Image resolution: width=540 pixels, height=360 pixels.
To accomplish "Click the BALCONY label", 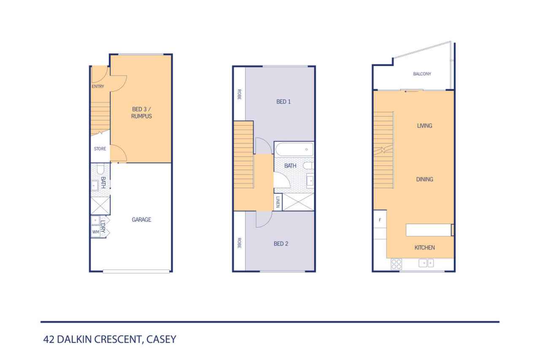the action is click(422, 74).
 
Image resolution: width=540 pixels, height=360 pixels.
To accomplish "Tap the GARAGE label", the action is click(141, 219).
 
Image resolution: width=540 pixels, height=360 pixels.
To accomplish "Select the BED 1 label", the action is click(283, 102).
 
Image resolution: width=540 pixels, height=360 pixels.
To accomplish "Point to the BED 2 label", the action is click(281, 244).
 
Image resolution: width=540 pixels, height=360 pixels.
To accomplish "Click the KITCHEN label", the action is click(424, 248).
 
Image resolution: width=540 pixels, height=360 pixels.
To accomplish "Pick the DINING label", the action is click(424, 179).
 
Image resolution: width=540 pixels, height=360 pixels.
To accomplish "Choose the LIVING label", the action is click(424, 126).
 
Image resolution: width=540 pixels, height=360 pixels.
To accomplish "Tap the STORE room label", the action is click(100, 149).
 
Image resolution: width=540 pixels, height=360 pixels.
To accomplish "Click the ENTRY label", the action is click(97, 87).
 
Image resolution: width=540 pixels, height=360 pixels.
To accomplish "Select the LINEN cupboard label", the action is click(278, 202).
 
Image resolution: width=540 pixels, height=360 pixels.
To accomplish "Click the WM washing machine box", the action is click(96, 232).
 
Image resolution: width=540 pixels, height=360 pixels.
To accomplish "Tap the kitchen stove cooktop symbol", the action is click(396, 264).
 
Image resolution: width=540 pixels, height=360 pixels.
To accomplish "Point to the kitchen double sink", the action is click(426, 263).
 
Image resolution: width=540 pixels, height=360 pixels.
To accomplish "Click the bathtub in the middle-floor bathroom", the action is click(294, 149).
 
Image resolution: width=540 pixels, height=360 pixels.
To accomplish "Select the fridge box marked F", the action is click(380, 219).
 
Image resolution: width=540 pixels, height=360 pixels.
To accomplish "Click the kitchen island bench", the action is click(428, 230).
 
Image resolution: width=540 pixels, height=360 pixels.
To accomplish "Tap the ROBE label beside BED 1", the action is click(239, 94).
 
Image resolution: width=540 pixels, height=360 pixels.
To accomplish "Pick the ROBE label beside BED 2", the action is click(239, 243).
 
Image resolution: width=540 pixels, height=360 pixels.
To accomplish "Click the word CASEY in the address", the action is click(161, 339).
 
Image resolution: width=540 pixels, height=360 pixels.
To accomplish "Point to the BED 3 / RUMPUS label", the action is click(141, 113).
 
